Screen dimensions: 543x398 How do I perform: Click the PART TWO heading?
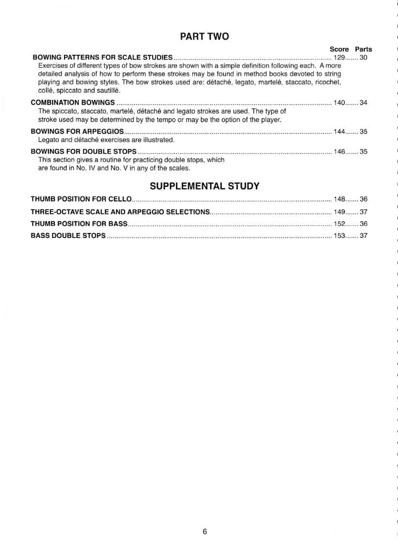point(204,37)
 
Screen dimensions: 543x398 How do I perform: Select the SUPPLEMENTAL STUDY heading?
point(204,186)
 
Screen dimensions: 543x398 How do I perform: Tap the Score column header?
point(339,49)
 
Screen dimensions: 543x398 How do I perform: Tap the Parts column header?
point(364,49)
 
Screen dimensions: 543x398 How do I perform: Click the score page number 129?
point(339,57)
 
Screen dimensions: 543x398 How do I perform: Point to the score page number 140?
point(339,102)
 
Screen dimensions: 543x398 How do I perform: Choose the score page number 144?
point(339,131)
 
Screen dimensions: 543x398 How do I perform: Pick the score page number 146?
point(339,151)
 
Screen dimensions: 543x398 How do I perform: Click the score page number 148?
point(339,199)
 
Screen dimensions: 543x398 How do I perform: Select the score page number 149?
point(339,212)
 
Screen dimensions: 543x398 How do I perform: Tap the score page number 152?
point(339,224)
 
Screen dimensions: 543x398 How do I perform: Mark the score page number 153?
point(339,236)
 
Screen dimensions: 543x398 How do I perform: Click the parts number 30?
point(364,57)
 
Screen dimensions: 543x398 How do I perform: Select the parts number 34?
point(364,102)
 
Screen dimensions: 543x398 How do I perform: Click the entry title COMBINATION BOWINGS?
point(73,102)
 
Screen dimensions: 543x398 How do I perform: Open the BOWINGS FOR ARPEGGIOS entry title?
point(78,131)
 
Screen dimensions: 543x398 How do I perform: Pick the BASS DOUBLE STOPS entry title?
point(68,236)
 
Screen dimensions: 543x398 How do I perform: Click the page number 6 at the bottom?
point(205,532)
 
